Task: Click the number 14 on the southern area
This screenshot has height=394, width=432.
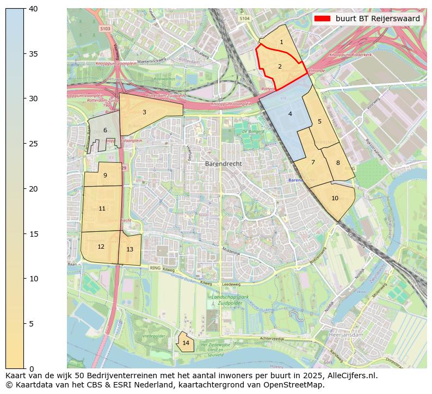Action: coord(186,343)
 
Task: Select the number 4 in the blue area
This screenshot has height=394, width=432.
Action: coord(290,114)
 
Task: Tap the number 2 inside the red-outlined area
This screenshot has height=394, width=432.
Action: coord(280,66)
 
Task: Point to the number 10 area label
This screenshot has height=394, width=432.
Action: coord(335,198)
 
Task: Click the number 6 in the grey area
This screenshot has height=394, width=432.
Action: coord(105,130)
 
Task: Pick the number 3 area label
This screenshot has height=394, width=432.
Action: coord(144,112)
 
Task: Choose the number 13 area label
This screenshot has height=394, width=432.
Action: coord(129,249)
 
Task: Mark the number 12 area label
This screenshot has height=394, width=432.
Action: coord(101,247)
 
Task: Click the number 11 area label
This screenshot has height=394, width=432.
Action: coord(102,208)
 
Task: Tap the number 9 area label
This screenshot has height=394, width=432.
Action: coord(105,175)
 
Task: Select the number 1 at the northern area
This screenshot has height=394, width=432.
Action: coord(281,42)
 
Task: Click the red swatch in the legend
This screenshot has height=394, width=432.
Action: coord(322,19)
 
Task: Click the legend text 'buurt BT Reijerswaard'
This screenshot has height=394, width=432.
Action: coord(378,19)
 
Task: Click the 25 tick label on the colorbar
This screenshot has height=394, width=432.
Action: coord(33,144)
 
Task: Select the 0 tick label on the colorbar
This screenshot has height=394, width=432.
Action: coord(31,369)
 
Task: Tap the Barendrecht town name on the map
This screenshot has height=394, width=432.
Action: coord(223,163)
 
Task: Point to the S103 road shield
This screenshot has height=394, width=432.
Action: coord(105,29)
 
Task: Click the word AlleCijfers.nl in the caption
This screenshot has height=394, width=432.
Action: coord(349,375)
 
